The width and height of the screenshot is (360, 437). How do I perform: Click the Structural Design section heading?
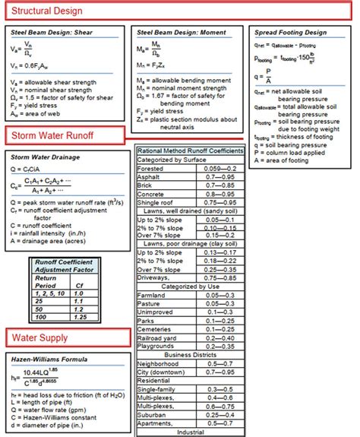click(46, 11)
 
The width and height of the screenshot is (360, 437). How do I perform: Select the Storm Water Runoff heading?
click(51, 136)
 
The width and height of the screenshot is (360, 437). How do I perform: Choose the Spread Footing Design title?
click(290, 33)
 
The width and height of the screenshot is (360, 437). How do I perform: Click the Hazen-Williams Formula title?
click(49, 358)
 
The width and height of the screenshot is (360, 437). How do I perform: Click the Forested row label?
click(152, 168)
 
